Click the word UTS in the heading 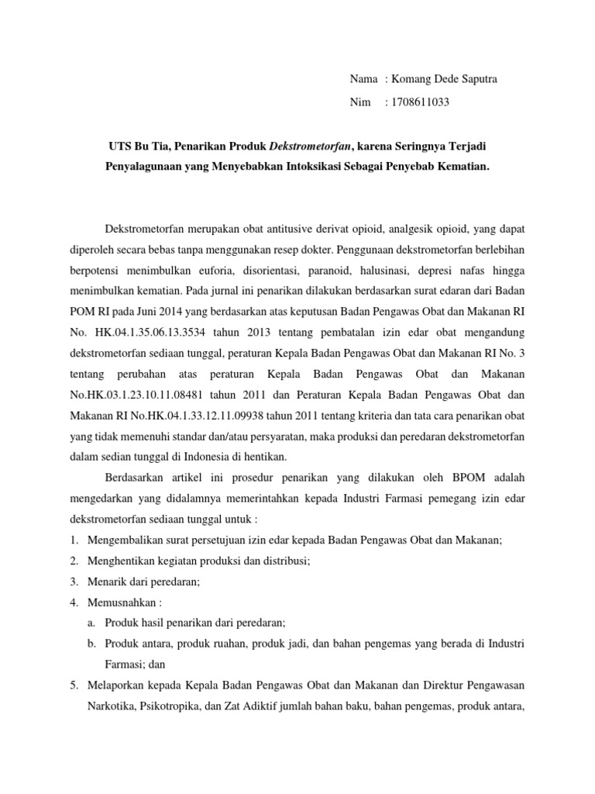pos(119,146)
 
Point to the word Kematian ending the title pos(462,167)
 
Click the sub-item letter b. pos(91,643)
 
